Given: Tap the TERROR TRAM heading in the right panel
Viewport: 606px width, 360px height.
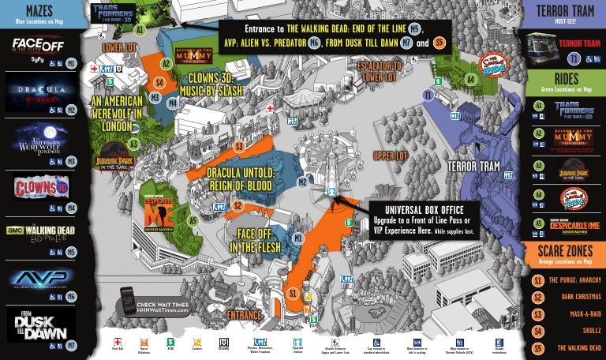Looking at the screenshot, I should pyautogui.click(x=565, y=11).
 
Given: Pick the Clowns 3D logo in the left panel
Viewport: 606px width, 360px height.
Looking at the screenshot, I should pyautogui.click(x=39, y=188).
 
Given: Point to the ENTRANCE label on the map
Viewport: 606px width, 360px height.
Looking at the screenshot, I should pyautogui.click(x=244, y=315).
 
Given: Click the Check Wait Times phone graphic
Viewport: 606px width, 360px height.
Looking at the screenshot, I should pyautogui.click(x=129, y=302).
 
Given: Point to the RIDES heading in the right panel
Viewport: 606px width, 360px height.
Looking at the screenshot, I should pyautogui.click(x=565, y=79).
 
